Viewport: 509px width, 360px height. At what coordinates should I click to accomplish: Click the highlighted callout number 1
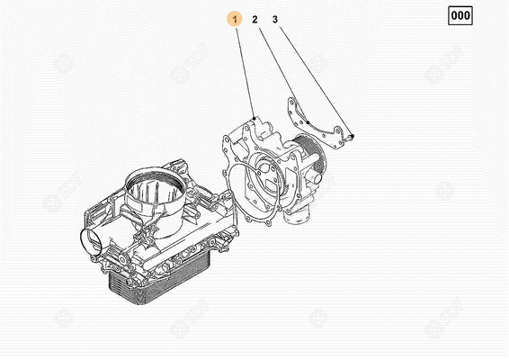(x=235, y=19)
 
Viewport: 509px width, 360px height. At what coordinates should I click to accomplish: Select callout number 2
(x=255, y=19)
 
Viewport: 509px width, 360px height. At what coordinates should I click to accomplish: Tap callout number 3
(x=275, y=19)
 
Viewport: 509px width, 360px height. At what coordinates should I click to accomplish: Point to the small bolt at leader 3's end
(x=352, y=137)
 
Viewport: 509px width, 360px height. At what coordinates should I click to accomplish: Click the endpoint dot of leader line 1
(x=255, y=118)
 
